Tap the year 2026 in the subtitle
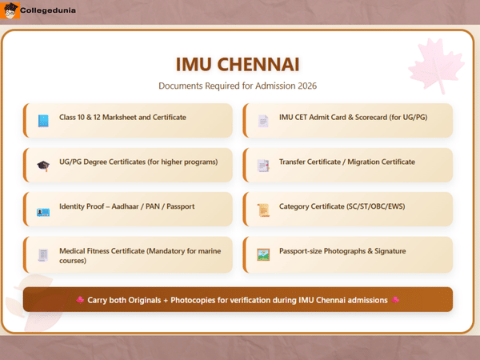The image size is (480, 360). point(308,85)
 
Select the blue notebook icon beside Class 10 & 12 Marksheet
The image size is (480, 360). point(42,121)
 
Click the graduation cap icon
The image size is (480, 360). point(42,166)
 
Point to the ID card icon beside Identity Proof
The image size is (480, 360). point(42,210)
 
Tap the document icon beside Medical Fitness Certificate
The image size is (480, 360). point(42,255)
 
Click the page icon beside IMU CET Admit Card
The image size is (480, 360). point(262,121)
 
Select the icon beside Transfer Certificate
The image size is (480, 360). point(262,166)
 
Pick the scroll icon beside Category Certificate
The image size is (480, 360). point(262,210)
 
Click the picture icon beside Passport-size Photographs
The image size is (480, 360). point(262,255)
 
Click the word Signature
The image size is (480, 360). point(388,251)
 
